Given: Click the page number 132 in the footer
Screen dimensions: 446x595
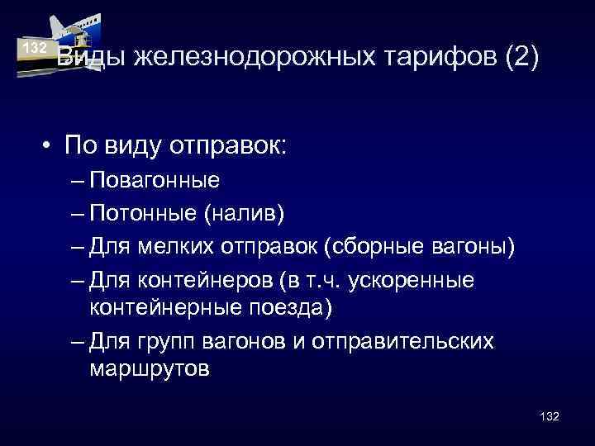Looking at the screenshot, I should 549,416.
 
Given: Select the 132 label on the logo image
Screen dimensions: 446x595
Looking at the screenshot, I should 34,47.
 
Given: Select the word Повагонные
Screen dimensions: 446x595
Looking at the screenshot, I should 155,179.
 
